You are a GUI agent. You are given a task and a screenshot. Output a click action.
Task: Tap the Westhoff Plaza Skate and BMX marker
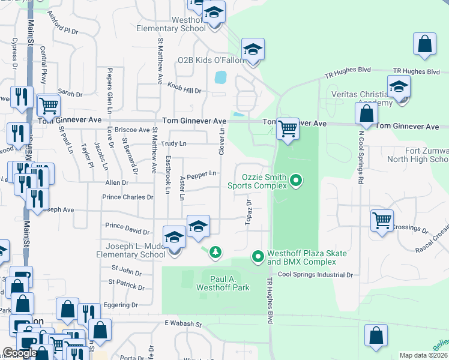point(258,257)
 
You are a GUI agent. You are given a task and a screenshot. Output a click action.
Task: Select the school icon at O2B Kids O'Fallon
point(253,50)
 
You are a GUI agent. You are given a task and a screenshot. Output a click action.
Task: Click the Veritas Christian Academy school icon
point(399,88)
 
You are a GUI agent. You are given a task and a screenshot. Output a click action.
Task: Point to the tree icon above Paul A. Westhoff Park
point(215,253)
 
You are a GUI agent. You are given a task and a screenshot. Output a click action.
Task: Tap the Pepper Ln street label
point(202,175)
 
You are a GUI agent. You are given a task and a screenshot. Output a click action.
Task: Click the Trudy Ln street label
point(175,143)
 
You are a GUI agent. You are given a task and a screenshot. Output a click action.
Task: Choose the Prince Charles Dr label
point(128,197)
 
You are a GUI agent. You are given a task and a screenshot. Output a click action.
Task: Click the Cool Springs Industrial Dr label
point(315,275)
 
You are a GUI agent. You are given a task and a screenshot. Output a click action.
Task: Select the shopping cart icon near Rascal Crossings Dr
point(382,221)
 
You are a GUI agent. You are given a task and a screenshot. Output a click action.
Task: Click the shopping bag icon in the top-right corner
point(424,44)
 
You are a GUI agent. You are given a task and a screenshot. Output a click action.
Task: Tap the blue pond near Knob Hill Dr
point(220,77)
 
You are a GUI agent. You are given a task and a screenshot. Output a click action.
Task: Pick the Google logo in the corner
point(20,353)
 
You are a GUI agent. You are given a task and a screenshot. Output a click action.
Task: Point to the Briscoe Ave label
point(132,130)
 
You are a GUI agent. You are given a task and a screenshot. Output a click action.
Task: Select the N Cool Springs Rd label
point(361,156)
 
